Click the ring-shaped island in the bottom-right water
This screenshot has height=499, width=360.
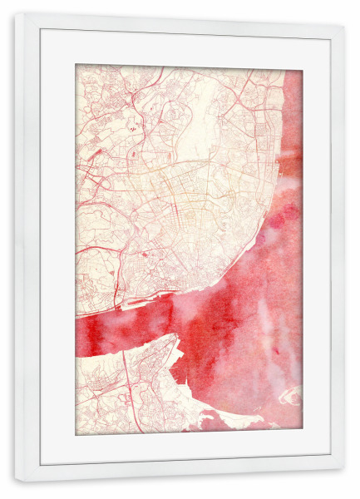point(291,397)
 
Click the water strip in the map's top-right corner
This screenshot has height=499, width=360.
point(293,100)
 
